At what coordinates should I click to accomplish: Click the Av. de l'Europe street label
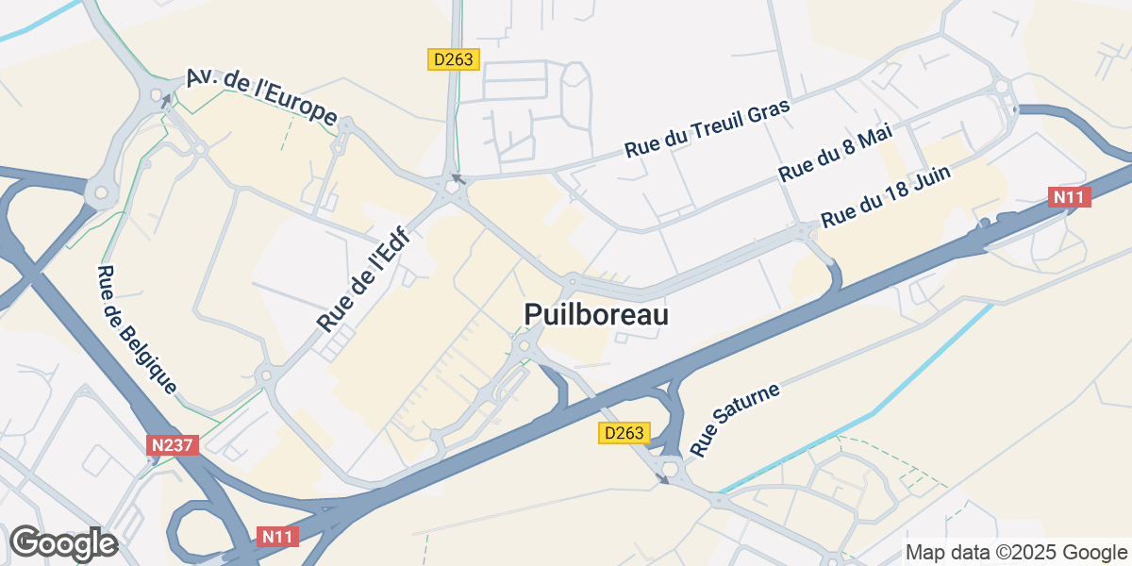[261, 97]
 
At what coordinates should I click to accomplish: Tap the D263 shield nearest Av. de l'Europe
[455, 59]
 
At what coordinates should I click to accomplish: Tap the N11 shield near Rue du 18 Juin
[1071, 197]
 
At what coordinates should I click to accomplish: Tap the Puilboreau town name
[595, 315]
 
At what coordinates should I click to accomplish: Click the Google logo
[63, 543]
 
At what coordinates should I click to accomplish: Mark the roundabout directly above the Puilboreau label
[572, 281]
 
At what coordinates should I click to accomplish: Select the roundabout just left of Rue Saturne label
[670, 469]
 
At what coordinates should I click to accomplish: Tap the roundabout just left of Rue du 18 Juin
[802, 229]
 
